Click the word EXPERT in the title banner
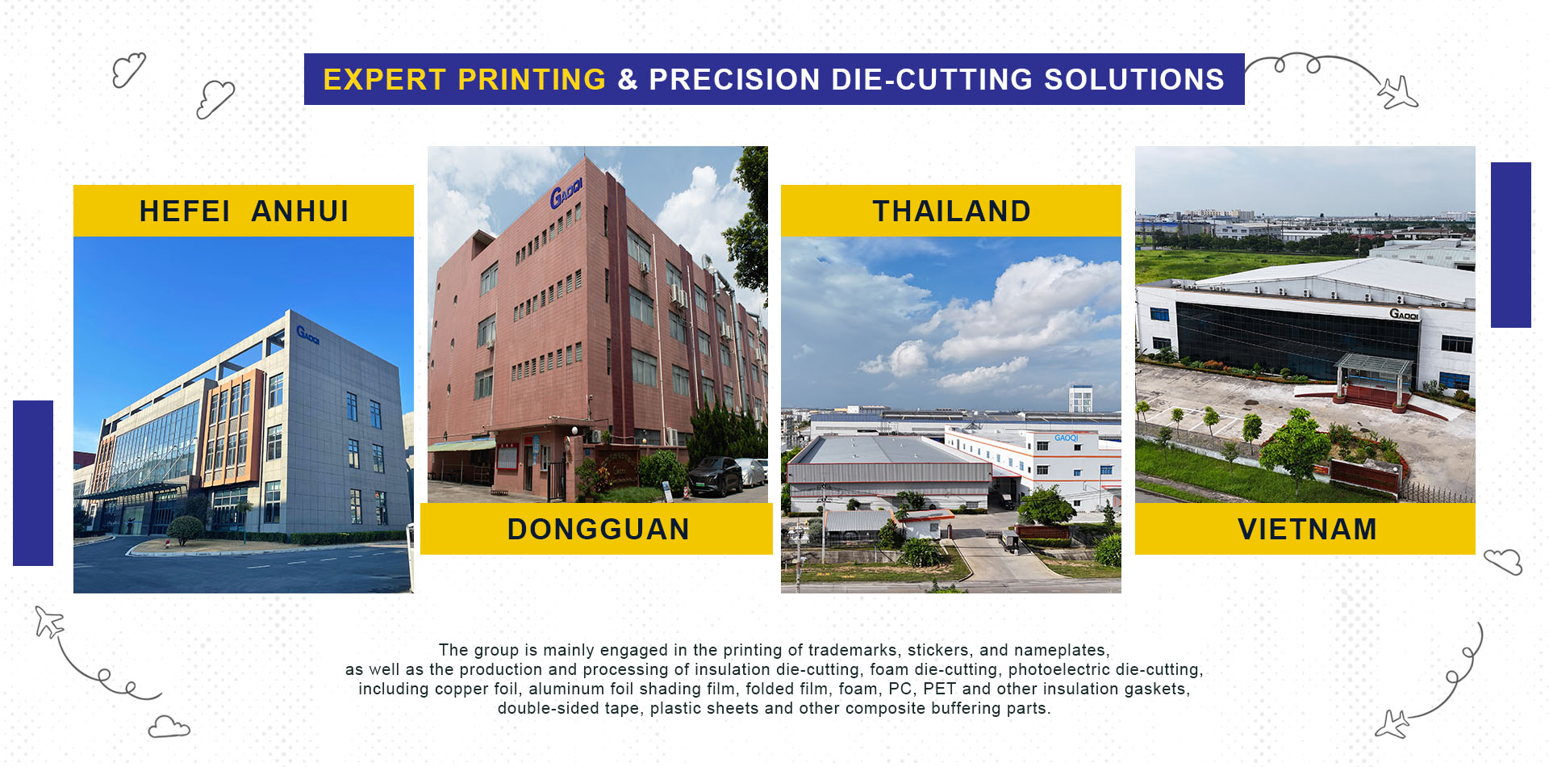point(384,80)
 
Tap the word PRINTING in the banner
point(532,80)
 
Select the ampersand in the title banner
point(627,80)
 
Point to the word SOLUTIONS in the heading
point(1134,80)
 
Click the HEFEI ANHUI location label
point(244,211)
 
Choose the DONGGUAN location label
point(598,529)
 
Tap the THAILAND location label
point(951,211)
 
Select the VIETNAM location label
point(1307,529)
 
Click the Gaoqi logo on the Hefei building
point(307,334)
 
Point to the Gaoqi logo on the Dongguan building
point(566,193)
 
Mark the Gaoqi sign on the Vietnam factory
point(1404,314)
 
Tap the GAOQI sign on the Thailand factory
point(1066,438)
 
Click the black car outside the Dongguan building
point(714,476)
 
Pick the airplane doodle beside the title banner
point(1397,93)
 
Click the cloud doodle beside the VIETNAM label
point(1503,560)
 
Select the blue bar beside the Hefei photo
point(33,483)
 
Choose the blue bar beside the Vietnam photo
point(1510,245)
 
